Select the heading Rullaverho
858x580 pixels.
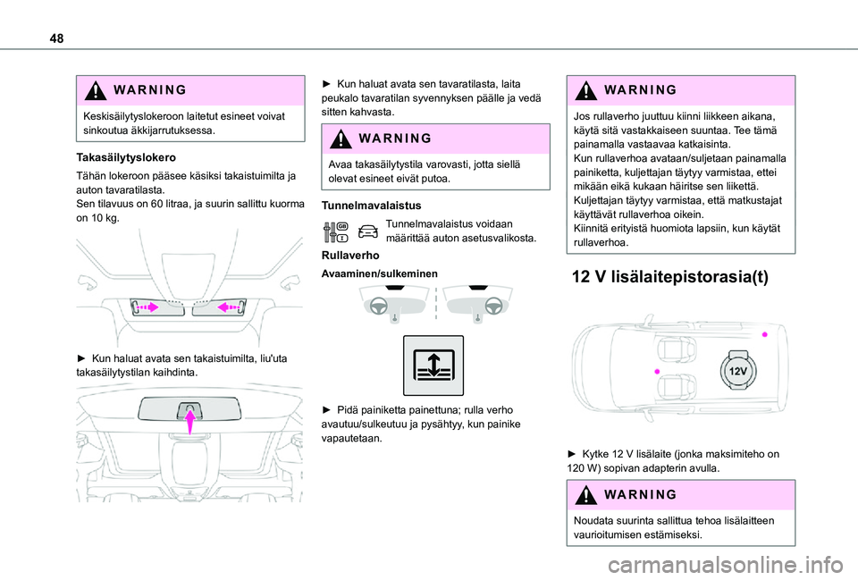[347, 256]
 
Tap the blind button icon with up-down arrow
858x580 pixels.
[433, 366]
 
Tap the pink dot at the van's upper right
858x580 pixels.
[764, 332]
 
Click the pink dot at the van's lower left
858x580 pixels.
[656, 370]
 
